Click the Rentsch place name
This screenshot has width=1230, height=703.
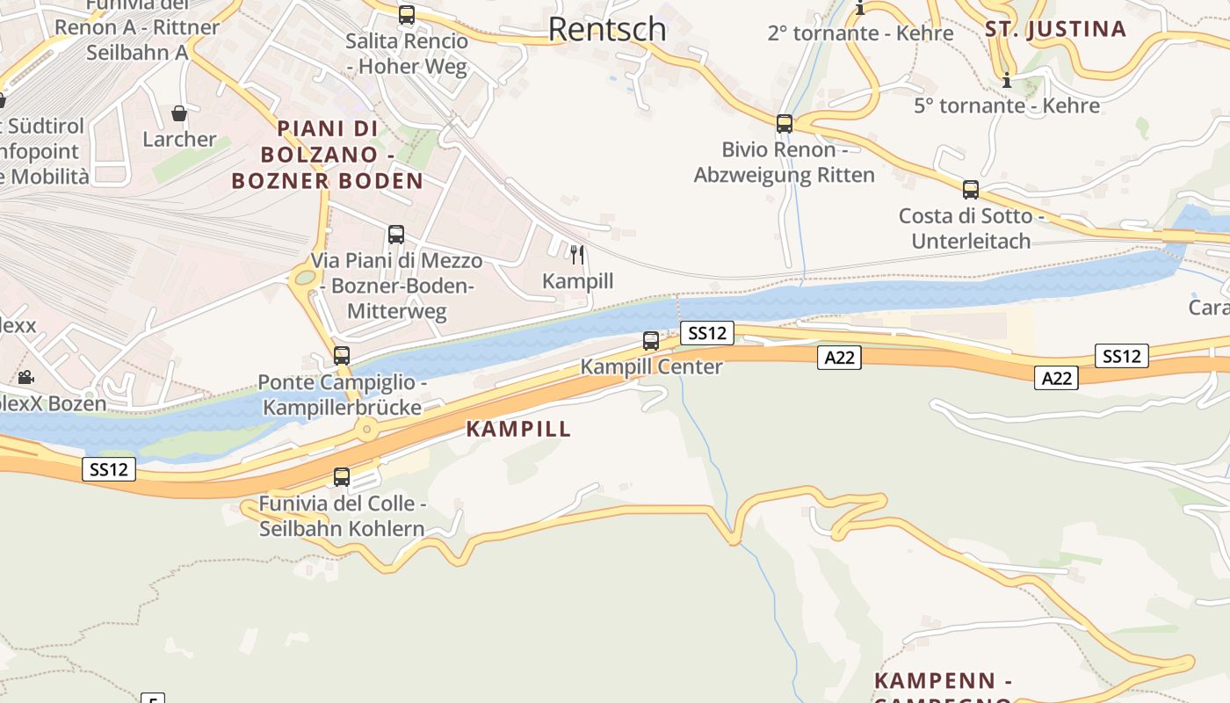[607, 29]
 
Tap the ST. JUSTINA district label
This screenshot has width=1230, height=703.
[1055, 29]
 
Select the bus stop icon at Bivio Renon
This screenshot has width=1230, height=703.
[785, 124]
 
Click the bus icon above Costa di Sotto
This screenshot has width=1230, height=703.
[971, 190]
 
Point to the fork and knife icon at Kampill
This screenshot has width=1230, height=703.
[577, 255]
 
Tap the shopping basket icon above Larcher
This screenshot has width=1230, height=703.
[179, 113]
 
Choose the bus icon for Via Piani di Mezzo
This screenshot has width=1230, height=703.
[396, 235]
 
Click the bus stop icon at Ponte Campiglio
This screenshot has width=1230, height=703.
[342, 356]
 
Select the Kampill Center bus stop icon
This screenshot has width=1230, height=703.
[651, 341]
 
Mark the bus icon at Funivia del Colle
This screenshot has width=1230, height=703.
[342, 477]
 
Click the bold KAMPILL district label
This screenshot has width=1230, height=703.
[518, 429]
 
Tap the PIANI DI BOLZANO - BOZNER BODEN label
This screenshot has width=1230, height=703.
[328, 155]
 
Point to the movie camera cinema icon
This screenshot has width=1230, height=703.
[26, 377]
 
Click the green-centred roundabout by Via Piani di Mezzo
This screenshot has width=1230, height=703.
[305, 278]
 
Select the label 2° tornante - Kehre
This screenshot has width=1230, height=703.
[860, 33]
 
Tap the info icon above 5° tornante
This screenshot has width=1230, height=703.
[1007, 81]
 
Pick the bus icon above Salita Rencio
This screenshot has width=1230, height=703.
[406, 15]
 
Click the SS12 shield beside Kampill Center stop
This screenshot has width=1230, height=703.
[707, 333]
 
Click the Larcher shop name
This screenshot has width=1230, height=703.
[179, 139]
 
